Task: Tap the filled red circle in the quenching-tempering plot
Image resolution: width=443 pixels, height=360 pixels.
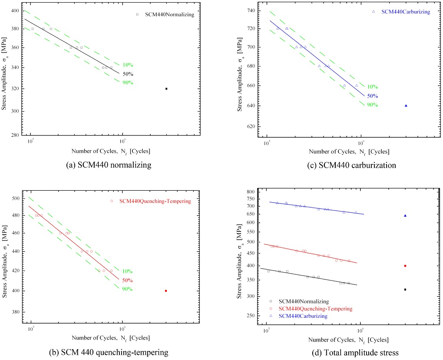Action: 166,291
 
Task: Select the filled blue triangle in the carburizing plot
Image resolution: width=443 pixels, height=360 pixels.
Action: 406,106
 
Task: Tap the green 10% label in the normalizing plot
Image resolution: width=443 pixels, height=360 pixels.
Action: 127,65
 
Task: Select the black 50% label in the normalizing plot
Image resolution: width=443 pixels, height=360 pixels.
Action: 127,74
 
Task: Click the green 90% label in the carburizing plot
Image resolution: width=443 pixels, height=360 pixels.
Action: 372,105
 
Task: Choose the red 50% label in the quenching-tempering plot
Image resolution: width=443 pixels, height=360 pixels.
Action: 127,280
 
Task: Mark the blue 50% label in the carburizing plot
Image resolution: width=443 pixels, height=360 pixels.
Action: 372,96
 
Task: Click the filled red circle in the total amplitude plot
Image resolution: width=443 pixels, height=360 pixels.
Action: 405,266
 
